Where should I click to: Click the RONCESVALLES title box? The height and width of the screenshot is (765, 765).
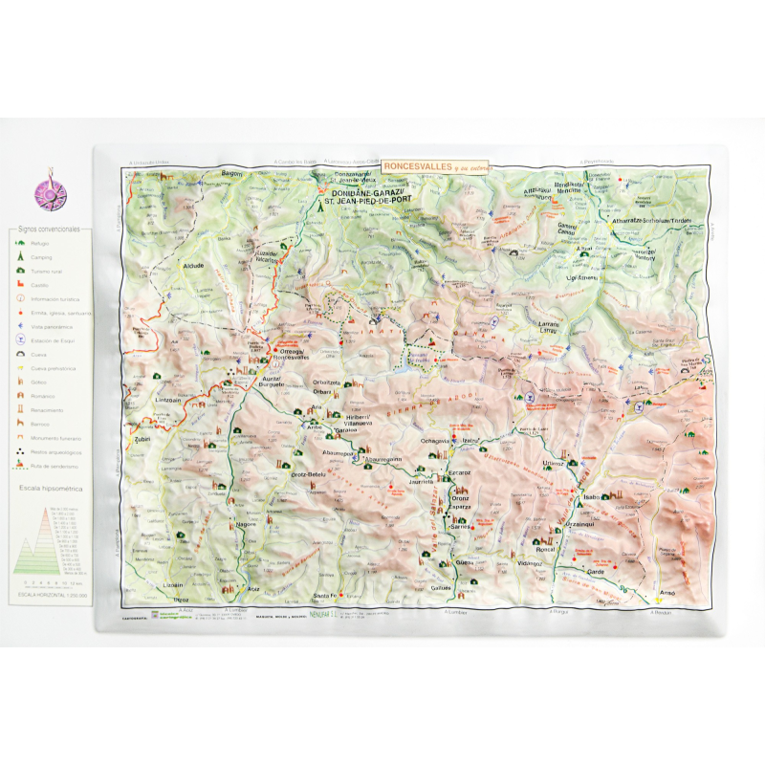click(x=435, y=165)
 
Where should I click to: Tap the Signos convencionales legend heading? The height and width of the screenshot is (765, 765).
click(x=55, y=229)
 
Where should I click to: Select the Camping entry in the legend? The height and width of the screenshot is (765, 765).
click(x=41, y=258)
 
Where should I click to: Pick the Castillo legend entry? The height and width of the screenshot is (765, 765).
click(x=40, y=285)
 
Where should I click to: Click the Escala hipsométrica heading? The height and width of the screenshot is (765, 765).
click(x=54, y=488)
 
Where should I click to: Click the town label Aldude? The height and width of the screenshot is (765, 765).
click(x=193, y=266)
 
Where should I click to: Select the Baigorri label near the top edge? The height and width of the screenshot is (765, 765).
click(x=232, y=173)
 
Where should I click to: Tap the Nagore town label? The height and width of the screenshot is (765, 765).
click(x=246, y=524)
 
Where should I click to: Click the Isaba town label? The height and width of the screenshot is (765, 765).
click(x=590, y=498)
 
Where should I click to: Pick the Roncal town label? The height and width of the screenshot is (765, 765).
click(x=544, y=549)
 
